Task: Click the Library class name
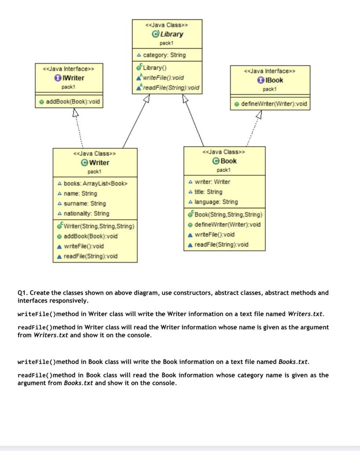tap(172, 34)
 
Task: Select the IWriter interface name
tap(73, 78)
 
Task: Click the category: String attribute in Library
tap(164, 55)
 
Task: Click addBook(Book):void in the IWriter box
tap(73, 102)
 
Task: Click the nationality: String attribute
tap(86, 213)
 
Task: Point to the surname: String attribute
tap(85, 203)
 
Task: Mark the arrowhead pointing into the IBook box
tap(258, 114)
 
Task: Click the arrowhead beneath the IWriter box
tap(75, 113)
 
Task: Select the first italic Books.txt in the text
tap(294, 362)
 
